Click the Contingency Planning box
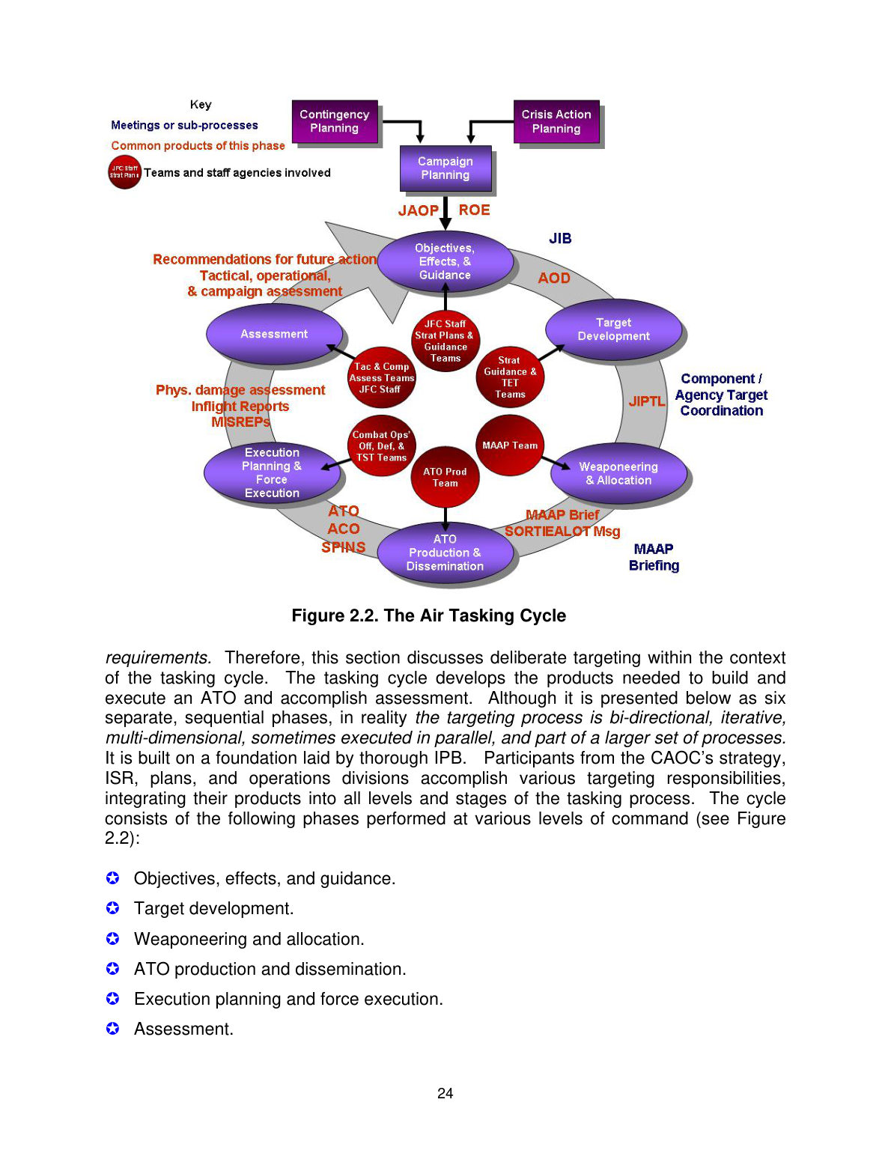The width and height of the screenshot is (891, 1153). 335,121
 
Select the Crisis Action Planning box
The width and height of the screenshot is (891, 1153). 556,121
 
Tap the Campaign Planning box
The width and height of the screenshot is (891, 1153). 445,168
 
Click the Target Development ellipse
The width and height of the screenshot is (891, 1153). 613,329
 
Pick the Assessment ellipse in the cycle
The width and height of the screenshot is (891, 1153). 274,334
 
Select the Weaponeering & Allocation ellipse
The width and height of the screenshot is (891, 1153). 618,473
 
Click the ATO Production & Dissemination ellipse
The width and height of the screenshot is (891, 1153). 445,553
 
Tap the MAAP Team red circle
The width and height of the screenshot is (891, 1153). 510,445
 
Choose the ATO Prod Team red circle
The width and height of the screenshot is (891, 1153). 445,477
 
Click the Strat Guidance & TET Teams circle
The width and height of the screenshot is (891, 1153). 510,377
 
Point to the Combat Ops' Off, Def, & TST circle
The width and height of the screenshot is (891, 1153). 382,445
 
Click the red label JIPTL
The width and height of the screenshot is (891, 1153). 647,401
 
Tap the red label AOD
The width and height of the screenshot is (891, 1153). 554,278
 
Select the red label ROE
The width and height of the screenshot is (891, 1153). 475,210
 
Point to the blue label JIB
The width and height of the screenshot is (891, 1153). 560,238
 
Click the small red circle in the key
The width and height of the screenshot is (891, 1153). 125,172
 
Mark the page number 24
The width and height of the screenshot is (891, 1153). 445,1093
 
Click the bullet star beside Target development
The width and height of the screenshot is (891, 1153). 112,908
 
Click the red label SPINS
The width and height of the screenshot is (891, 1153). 344,547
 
